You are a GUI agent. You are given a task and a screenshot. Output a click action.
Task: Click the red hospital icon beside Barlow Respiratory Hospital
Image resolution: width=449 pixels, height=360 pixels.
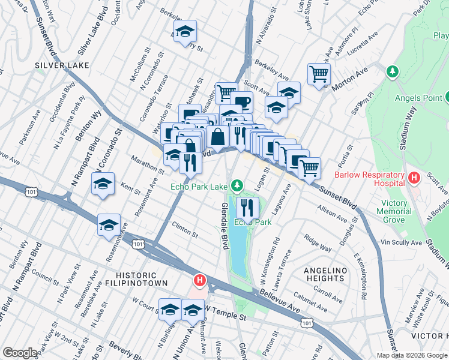click(x=413, y=178)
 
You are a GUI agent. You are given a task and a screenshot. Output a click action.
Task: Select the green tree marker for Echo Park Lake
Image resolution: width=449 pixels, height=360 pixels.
click(x=238, y=185)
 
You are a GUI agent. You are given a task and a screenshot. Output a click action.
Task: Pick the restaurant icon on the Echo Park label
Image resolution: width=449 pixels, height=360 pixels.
click(x=247, y=208)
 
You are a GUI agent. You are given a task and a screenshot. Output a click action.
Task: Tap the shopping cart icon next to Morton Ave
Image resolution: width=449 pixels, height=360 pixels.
click(x=319, y=74)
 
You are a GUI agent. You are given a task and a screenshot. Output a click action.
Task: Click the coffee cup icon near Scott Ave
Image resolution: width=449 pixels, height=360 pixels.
click(x=241, y=102)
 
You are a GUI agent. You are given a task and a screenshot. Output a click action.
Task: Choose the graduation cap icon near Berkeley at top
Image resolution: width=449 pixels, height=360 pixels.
click(x=185, y=31)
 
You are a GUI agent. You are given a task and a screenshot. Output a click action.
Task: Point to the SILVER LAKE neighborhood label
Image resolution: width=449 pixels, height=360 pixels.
click(x=62, y=65)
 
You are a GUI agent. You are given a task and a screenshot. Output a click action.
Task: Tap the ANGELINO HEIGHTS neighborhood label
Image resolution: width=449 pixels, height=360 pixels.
click(x=325, y=274)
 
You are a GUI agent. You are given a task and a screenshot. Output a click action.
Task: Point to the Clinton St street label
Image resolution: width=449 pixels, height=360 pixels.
click(x=184, y=229)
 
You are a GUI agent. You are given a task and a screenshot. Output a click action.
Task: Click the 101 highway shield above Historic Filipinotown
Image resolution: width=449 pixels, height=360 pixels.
click(x=139, y=244)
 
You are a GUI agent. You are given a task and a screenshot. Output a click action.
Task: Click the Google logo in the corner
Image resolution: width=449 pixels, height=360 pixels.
click(x=20, y=353)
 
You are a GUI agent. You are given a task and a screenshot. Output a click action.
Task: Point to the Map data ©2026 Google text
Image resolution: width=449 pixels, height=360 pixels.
click(x=411, y=355)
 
